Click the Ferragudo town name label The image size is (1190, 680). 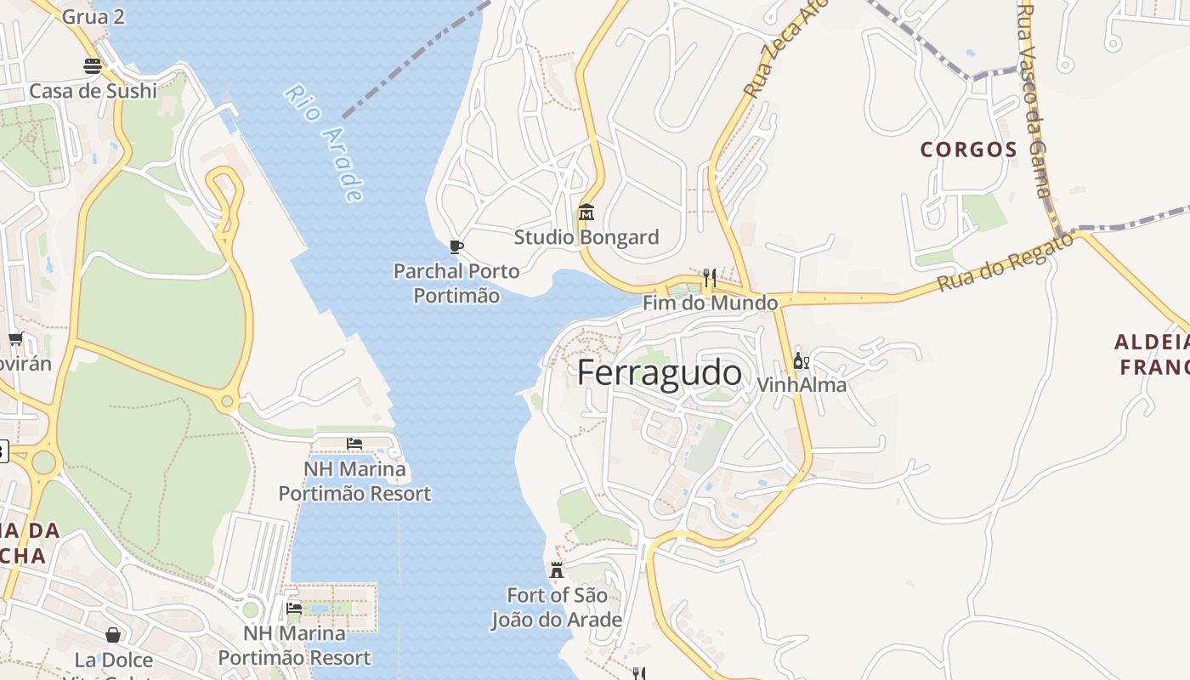click(x=659, y=374)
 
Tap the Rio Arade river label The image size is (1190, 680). click(x=324, y=143)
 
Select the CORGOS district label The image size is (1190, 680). click(x=968, y=150)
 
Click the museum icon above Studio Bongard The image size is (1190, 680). click(x=586, y=212)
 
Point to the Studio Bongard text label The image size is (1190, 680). click(x=586, y=237)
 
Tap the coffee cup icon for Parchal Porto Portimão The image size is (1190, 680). click(x=456, y=247)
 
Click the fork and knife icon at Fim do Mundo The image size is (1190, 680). click(x=709, y=277)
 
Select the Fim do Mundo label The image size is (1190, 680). click(x=710, y=303)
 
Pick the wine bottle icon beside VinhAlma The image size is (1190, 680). click(x=801, y=361)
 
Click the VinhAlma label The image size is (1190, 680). click(x=802, y=385)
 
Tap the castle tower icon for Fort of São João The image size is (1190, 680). click(x=557, y=569)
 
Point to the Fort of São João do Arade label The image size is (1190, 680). click(x=557, y=608)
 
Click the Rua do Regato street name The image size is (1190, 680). click(x=1006, y=263)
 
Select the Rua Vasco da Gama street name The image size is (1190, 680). click(x=1035, y=100)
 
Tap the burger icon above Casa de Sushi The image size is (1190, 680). click(x=93, y=65)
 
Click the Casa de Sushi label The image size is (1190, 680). click(x=93, y=91)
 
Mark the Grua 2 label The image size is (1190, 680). click(x=93, y=15)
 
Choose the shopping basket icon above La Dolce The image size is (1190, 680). click(x=113, y=635)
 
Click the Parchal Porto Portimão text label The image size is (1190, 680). click(x=456, y=283)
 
